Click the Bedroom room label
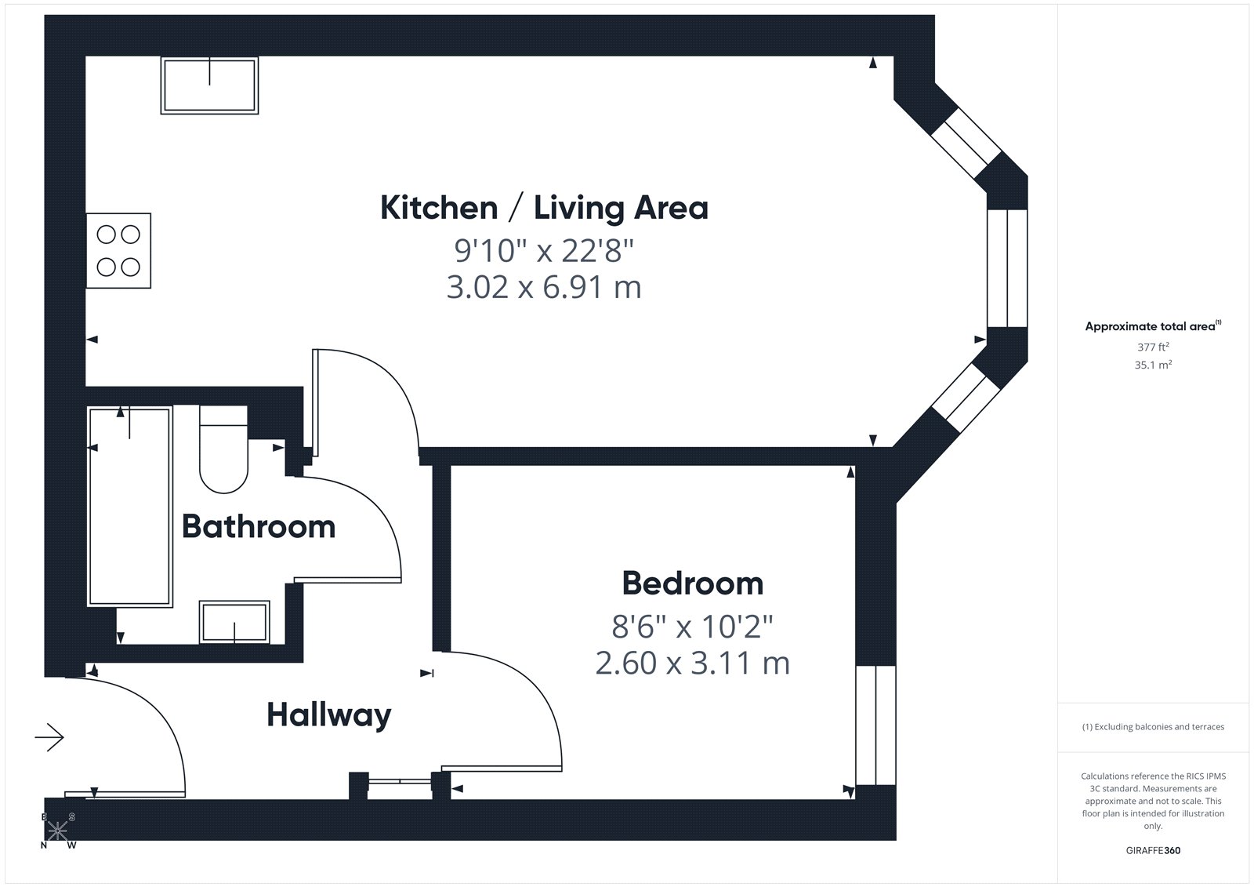click(x=693, y=583)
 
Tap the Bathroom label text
click(x=259, y=527)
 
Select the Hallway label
click(x=328, y=715)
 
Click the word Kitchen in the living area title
click(x=439, y=208)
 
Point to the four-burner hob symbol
click(x=118, y=250)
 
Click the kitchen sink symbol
click(x=209, y=85)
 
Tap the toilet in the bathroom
click(x=223, y=449)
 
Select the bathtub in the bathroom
click(x=130, y=507)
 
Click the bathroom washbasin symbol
click(x=234, y=622)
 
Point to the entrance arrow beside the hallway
click(x=49, y=737)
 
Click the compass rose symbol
click(x=58, y=831)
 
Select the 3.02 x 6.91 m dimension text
click(x=544, y=288)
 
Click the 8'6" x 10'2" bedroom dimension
click(x=693, y=627)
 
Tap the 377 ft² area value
click(x=1153, y=347)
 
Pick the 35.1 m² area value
click(x=1153, y=365)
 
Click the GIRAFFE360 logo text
click(x=1153, y=850)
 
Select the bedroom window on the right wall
click(x=876, y=725)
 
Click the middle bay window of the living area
click(x=1007, y=268)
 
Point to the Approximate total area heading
click(x=1153, y=326)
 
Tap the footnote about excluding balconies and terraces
click(x=1153, y=727)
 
